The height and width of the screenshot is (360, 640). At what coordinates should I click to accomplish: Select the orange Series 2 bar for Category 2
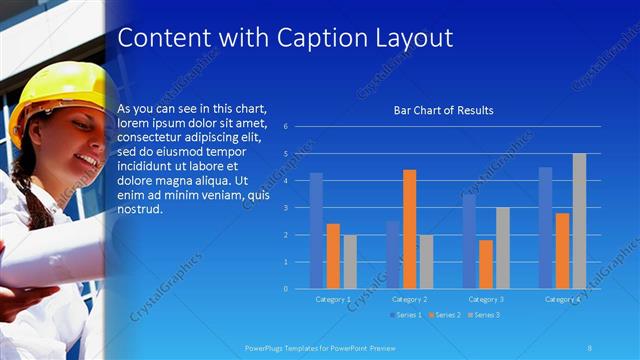(x=410, y=229)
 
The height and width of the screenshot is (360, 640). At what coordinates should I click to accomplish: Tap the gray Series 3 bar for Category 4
(x=579, y=221)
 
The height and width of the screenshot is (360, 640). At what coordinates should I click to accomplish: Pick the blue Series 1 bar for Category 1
(x=316, y=231)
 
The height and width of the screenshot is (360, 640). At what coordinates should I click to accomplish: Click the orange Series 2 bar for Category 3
(x=486, y=264)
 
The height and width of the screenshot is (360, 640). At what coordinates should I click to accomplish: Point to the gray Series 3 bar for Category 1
(x=350, y=262)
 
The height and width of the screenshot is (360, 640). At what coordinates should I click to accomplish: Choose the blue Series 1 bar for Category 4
(x=545, y=228)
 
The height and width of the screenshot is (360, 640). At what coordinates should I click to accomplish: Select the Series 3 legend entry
(x=486, y=315)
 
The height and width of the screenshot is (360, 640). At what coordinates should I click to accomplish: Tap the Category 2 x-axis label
(x=410, y=299)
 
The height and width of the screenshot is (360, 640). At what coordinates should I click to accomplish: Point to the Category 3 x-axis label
(x=486, y=299)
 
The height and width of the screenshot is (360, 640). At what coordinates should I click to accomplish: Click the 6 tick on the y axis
(x=285, y=127)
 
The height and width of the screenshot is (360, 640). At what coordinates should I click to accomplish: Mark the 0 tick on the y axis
(x=285, y=289)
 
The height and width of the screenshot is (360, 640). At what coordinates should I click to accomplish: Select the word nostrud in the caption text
(x=138, y=210)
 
